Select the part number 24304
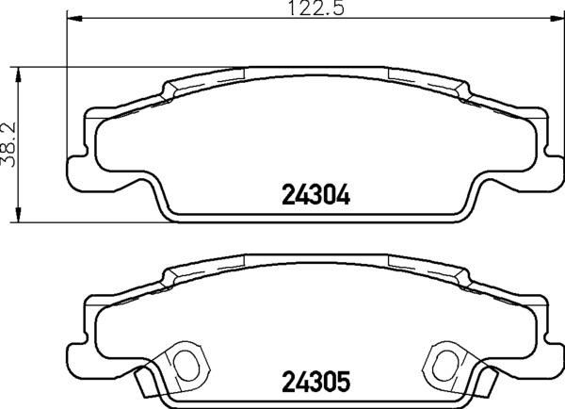click(x=315, y=196)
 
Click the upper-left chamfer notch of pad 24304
click(x=172, y=90)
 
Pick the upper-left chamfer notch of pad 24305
click(x=172, y=276)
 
